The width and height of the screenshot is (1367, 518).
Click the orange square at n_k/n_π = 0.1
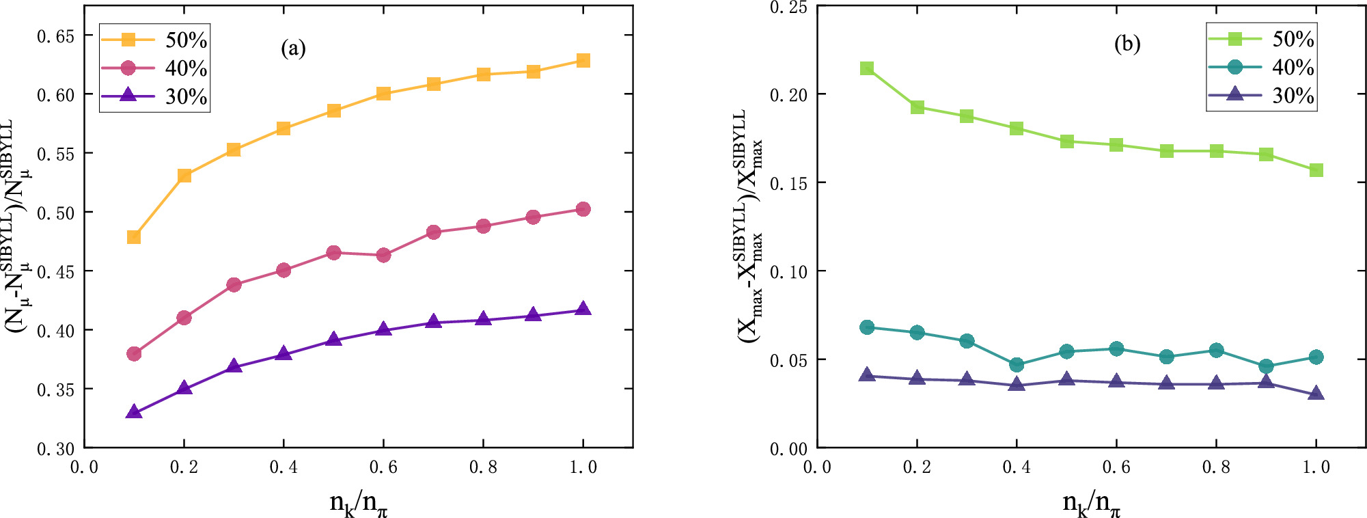tap(134, 237)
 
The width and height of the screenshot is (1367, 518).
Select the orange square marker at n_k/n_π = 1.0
tap(583, 61)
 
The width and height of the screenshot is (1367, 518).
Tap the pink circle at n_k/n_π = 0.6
tap(383, 255)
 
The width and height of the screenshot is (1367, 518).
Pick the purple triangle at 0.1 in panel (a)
tap(134, 412)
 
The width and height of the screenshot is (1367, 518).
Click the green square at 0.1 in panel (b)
tap(867, 68)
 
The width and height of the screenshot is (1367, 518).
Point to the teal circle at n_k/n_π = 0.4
tap(1017, 365)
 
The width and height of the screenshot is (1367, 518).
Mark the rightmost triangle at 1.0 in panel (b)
tap(1316, 394)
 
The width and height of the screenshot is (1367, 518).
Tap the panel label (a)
tap(293, 49)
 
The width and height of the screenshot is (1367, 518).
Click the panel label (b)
tap(1127, 44)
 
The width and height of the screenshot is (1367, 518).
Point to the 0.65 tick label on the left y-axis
tap(55, 36)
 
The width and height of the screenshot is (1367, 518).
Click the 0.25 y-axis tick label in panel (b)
tap(788, 8)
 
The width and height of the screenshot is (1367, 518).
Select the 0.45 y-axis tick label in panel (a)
tap(55, 272)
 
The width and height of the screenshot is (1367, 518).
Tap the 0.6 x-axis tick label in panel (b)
tap(1116, 467)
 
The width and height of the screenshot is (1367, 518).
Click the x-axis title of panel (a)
tap(359, 504)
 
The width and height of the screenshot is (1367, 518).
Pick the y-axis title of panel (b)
tap(748, 226)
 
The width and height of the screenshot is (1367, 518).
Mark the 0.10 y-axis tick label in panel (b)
tap(788, 272)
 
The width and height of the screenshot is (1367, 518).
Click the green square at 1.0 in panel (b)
tap(1316, 170)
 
